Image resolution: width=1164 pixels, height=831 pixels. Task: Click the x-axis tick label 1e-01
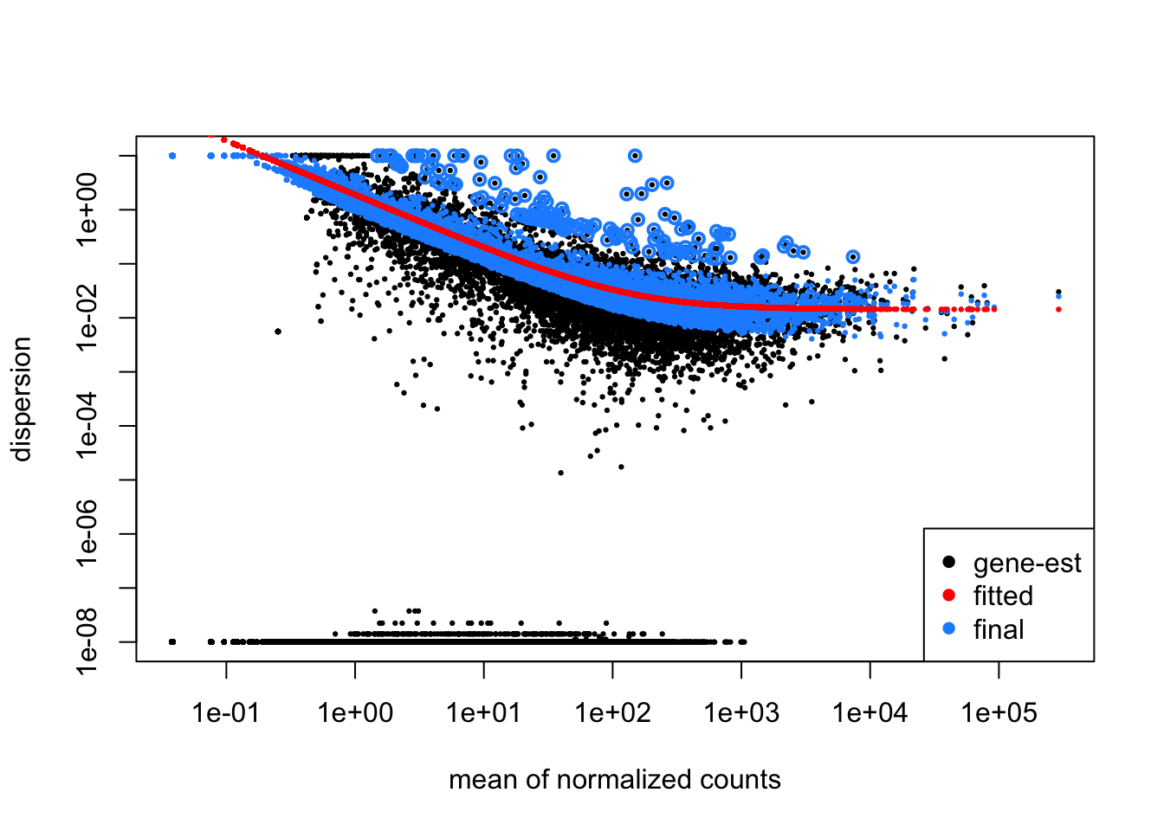coord(226,713)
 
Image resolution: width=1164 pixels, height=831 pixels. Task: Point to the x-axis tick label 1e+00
coord(355,713)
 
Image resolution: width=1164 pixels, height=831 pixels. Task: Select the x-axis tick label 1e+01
coord(484,713)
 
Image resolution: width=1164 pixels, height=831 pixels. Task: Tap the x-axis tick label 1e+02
coord(612,713)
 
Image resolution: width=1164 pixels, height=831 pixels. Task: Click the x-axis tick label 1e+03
coord(741,713)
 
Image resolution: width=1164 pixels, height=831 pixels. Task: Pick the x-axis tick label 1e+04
coord(870,713)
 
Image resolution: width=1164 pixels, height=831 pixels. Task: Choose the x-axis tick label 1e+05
coord(999,713)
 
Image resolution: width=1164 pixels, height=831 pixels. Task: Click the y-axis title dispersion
coord(21,399)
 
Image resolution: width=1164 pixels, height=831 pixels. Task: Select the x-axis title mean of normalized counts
coord(615,780)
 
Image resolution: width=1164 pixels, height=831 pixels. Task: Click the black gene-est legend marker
coord(948,563)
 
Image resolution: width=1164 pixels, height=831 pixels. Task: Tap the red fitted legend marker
coord(948,596)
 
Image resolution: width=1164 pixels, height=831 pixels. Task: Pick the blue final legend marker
coord(948,629)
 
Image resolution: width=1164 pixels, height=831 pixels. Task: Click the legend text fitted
coord(1003,596)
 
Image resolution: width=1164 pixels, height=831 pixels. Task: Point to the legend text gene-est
coord(1027,564)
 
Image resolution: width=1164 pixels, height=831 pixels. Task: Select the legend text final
coord(999,629)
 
